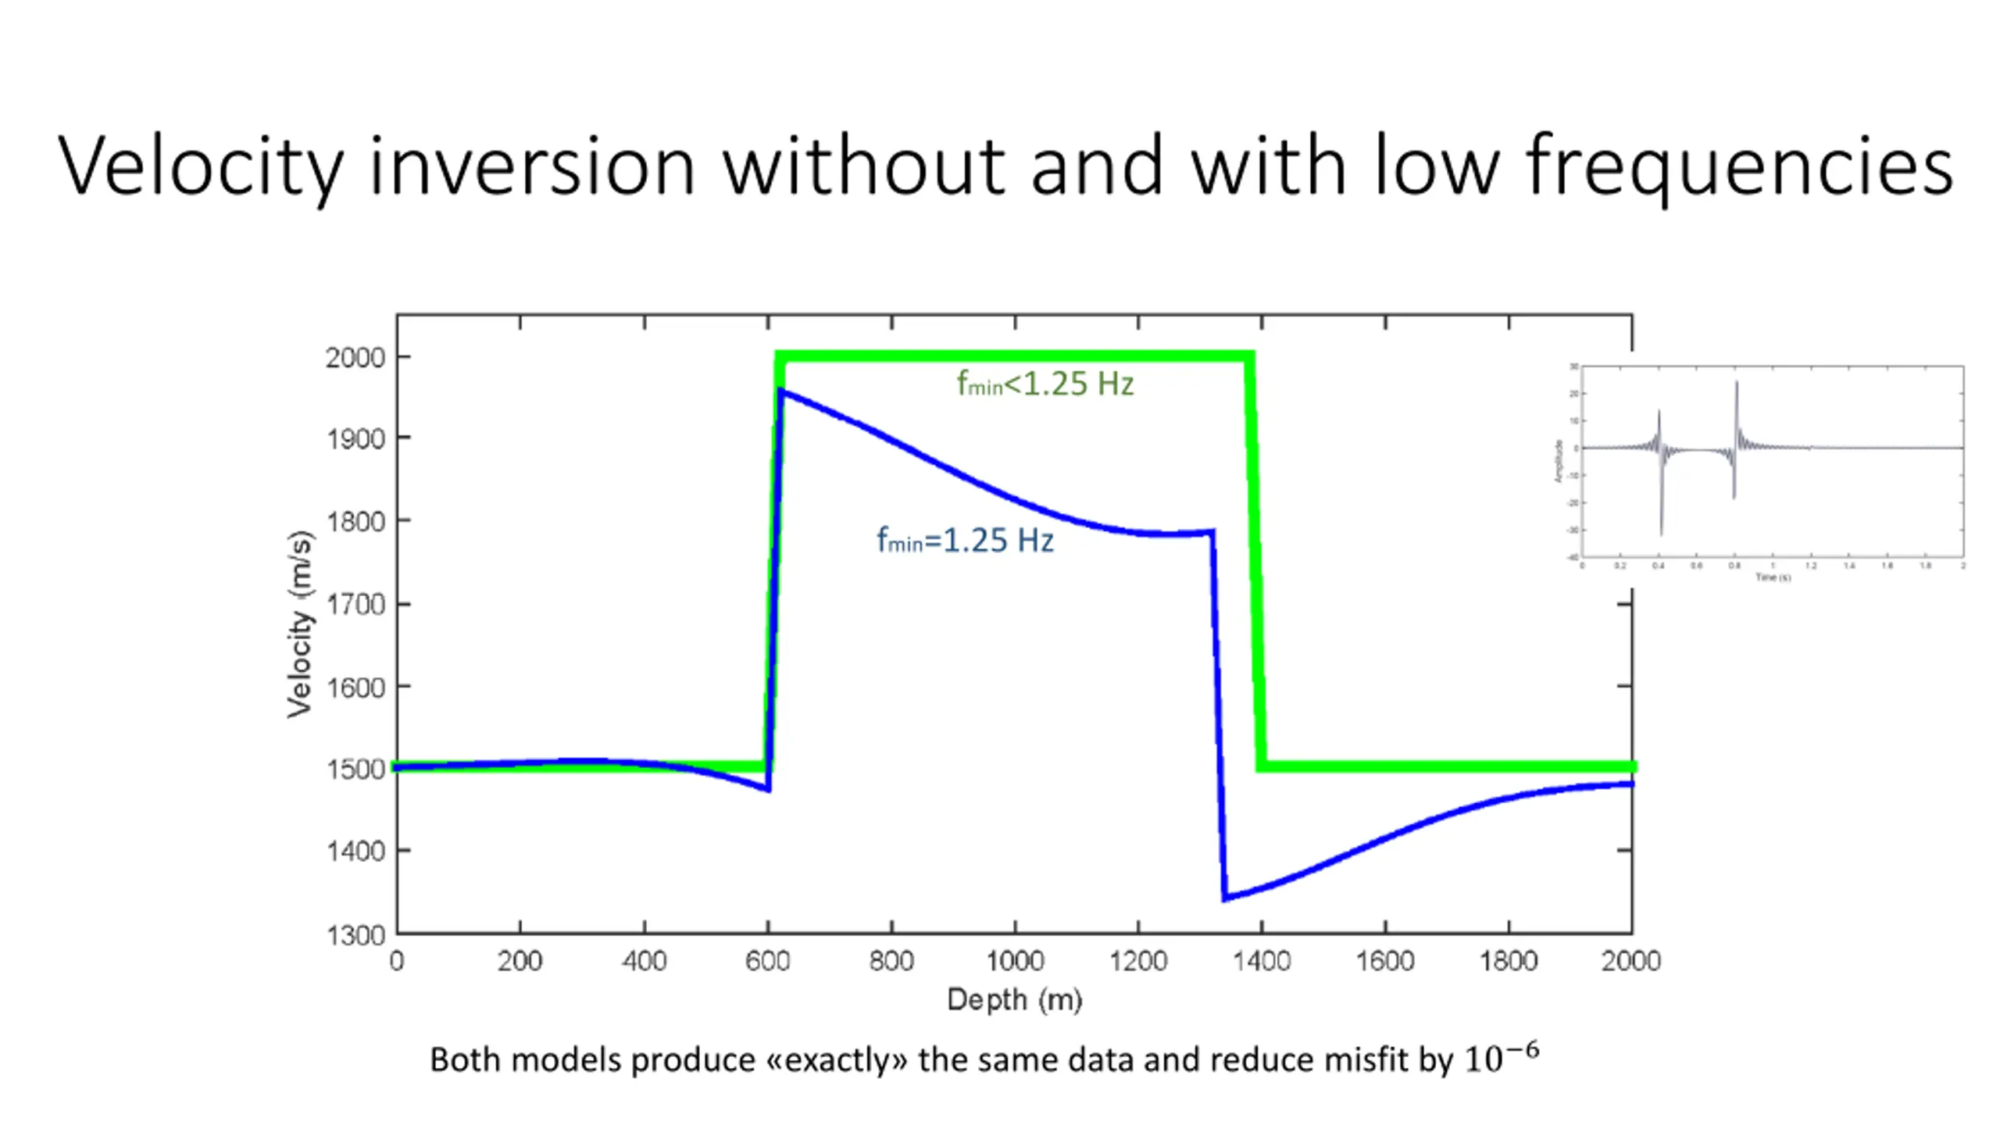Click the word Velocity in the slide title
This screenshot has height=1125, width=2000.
[200, 166]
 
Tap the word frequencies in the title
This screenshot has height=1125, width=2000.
[1739, 166]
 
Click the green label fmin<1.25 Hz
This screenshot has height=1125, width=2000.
[1045, 384]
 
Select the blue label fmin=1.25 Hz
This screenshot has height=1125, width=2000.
[965, 540]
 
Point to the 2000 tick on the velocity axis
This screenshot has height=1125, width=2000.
[355, 358]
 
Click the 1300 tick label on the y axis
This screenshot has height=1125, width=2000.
[355, 934]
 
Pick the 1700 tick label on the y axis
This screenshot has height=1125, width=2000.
[355, 605]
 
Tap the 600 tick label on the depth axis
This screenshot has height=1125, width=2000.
[767, 961]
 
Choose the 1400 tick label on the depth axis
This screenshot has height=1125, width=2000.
[1262, 961]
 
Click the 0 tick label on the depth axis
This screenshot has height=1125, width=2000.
[397, 961]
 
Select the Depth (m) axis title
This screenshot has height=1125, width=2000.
[1014, 1000]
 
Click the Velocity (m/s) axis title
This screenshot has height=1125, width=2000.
[300, 623]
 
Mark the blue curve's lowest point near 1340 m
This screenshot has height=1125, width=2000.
[1225, 898]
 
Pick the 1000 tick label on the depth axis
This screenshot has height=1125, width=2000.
[1014, 961]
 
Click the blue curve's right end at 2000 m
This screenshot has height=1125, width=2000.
[1630, 784]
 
